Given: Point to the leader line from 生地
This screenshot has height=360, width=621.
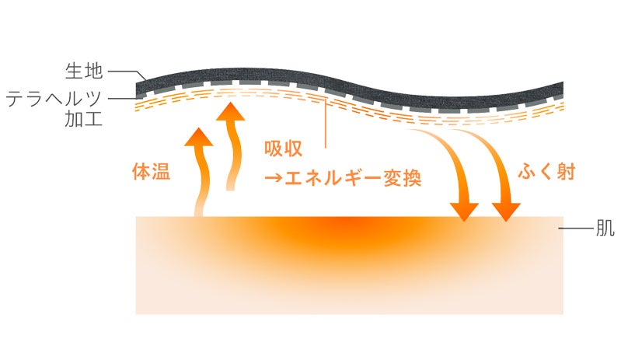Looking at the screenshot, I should (x=124, y=72).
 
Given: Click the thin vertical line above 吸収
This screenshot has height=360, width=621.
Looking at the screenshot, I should (x=325, y=124).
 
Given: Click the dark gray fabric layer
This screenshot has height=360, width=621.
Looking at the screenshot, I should (x=350, y=92).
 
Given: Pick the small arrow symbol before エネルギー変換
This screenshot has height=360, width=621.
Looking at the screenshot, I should (x=273, y=179).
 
